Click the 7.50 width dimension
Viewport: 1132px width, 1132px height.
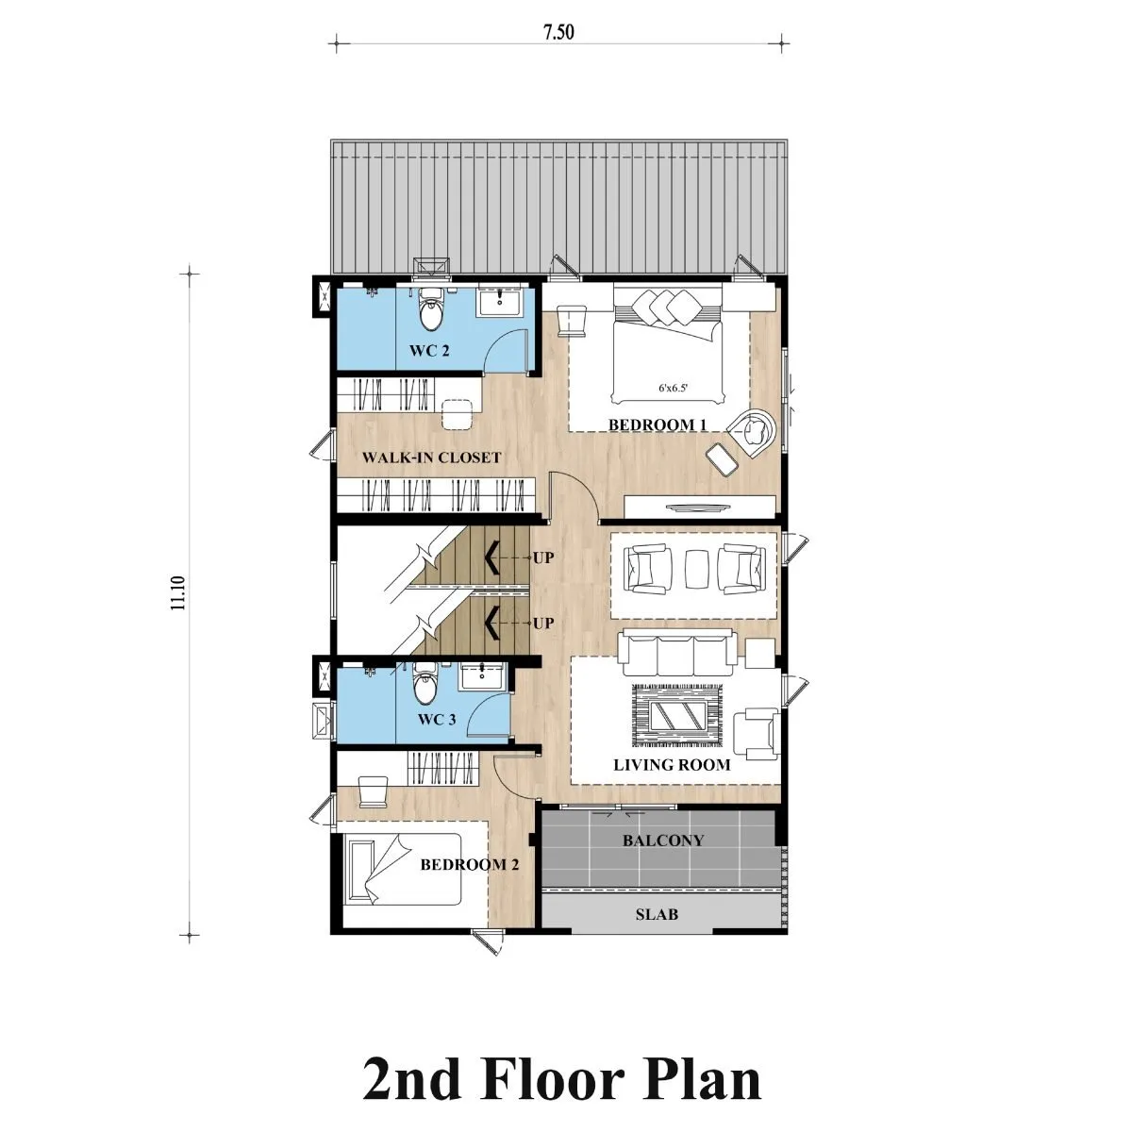[x=558, y=32]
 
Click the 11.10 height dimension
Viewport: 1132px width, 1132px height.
[x=178, y=592]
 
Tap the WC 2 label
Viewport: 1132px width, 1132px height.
[x=429, y=351]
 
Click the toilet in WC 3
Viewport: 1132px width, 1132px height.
[x=424, y=683]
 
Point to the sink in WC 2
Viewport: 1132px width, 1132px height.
[x=499, y=300]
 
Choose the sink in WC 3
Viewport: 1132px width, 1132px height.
[x=482, y=675]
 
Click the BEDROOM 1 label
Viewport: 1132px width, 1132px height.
[x=657, y=424]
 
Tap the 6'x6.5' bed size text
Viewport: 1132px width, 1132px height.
[x=673, y=388]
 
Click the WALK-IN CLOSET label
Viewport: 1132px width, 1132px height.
[x=431, y=457]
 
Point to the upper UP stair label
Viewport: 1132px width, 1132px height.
[x=542, y=558]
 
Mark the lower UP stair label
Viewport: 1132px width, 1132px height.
[x=542, y=624]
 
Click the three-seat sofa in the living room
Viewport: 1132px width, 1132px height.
[x=677, y=653]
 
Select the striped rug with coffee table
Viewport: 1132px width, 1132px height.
[x=677, y=715]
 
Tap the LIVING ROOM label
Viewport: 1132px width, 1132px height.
[x=672, y=765]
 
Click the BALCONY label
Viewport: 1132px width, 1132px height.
[x=663, y=841]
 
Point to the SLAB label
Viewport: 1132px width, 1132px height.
[x=657, y=915]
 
